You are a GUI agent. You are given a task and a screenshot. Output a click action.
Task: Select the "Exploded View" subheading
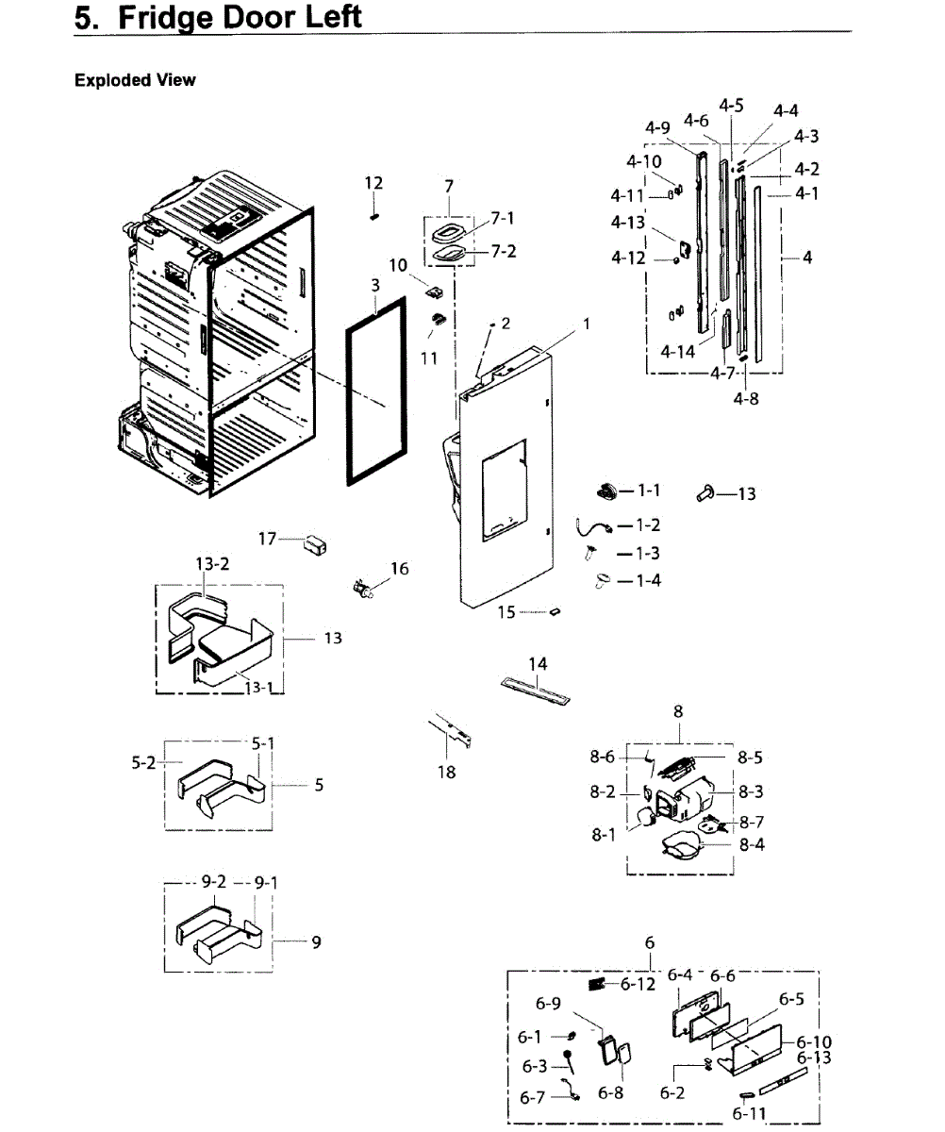[135, 80]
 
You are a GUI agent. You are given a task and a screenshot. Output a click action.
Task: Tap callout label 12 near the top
[373, 183]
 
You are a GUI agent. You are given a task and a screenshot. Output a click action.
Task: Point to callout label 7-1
[503, 219]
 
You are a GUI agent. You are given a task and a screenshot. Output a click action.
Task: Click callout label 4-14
[678, 352]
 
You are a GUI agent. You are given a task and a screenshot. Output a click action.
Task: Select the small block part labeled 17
[314, 544]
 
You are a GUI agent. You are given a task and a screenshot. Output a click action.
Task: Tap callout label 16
[400, 569]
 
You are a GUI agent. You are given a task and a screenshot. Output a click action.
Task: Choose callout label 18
[446, 773]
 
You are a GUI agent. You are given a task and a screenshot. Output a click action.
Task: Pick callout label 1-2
[648, 525]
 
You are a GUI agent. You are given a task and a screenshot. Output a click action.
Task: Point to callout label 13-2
[212, 563]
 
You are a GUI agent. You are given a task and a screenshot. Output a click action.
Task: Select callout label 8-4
[752, 844]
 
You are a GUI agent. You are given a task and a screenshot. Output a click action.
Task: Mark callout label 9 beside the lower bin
[316, 941]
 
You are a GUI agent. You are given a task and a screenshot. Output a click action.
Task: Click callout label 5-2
[143, 762]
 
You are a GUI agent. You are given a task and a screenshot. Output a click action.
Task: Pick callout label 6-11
[749, 1114]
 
